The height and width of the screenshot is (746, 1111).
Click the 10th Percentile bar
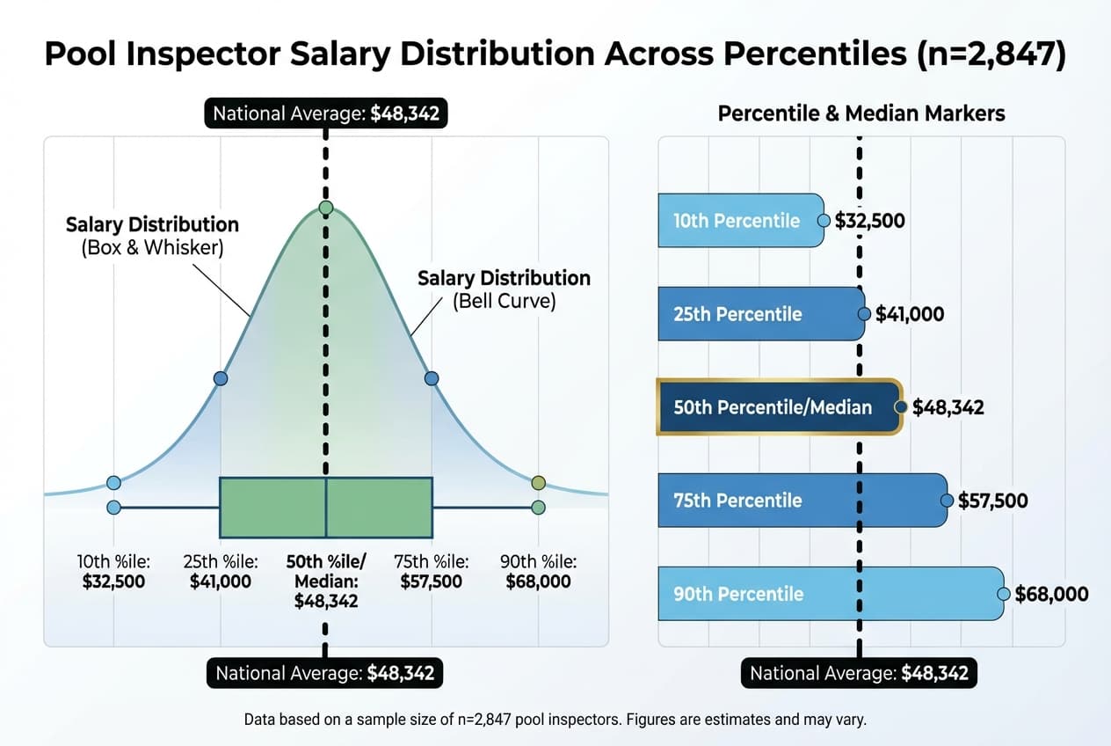click(740, 220)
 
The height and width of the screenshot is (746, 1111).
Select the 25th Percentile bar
click(760, 314)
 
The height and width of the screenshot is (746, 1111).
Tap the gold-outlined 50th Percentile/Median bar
click(778, 406)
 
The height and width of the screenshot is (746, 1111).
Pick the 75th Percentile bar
click(802, 501)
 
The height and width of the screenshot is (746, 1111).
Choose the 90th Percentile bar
click(830, 594)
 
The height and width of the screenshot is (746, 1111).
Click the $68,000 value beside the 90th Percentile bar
click(1051, 594)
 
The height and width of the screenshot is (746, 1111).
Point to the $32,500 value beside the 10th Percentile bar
click(869, 220)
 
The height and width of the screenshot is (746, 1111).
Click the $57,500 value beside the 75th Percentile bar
click(992, 501)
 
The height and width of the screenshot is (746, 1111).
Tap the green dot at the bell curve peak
click(326, 208)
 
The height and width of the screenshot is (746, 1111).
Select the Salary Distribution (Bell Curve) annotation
click(504, 289)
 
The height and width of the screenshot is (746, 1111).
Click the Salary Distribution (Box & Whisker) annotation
click(152, 236)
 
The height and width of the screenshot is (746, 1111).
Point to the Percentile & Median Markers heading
click(861, 113)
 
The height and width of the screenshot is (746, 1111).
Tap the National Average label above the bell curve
click(325, 113)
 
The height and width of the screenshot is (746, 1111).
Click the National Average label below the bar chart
click(859, 674)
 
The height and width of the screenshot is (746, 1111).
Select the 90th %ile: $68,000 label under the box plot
click(538, 572)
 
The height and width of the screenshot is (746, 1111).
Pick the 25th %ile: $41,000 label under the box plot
click(221, 572)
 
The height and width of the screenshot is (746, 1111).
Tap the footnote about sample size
click(555, 720)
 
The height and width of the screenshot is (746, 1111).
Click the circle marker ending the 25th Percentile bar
click(865, 313)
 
